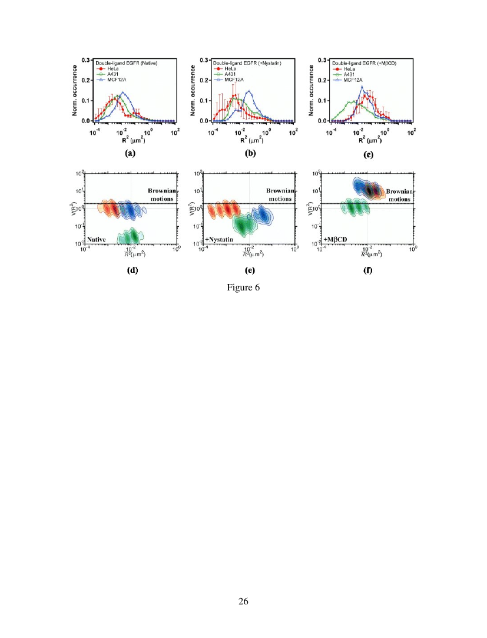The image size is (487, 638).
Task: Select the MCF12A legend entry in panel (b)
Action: (231, 78)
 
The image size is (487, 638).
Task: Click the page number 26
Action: (243, 601)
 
